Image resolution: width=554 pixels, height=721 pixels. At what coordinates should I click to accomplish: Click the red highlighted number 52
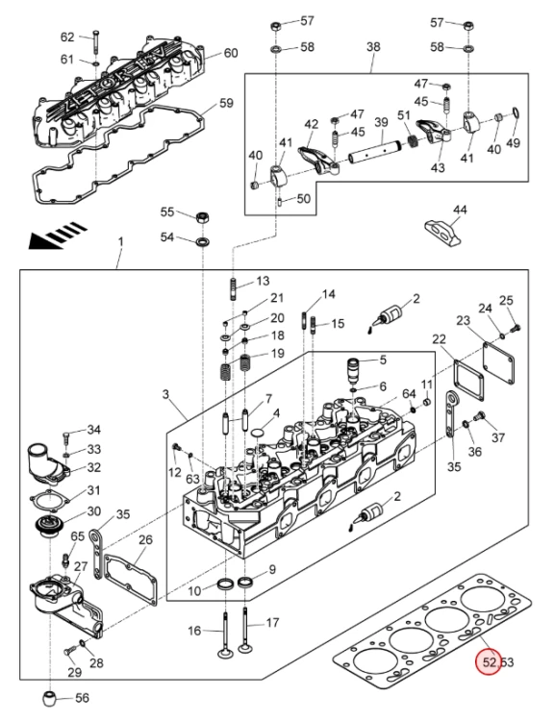pos(490,662)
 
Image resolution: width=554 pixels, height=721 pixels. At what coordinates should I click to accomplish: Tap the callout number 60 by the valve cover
pos(231,53)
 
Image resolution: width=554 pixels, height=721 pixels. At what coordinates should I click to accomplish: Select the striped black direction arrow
pos(58,235)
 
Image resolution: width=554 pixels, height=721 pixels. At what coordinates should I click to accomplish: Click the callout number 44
pos(460,211)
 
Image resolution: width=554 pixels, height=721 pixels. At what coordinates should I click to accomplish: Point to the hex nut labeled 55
pos(203,217)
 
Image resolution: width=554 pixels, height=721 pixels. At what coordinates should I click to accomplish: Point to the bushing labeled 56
pos(50,698)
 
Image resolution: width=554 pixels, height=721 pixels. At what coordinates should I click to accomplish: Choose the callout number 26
pos(145,539)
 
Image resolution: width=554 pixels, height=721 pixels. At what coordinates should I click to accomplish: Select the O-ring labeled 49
pos(515,113)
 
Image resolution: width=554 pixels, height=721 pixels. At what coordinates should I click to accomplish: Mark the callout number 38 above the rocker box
pos(373,46)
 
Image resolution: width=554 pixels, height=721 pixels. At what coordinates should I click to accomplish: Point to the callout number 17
pos(272,623)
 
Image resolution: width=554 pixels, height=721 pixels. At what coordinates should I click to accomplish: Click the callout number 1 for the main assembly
pos(120,242)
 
